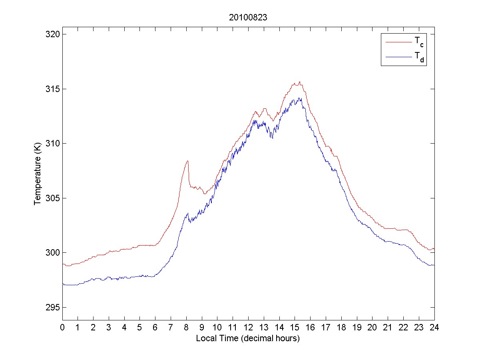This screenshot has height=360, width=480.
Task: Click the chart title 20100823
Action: [x=248, y=18]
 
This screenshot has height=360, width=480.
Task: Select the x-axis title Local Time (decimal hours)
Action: [x=248, y=338]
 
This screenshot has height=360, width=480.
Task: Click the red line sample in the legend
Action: [x=398, y=42]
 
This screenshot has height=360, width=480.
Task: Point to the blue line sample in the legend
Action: [x=398, y=58]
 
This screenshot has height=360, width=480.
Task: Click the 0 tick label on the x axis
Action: [x=62, y=327]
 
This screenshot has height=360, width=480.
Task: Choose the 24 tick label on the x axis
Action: [x=434, y=327]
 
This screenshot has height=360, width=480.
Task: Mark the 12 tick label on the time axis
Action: [x=248, y=327]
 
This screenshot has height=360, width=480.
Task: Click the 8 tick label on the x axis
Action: [x=186, y=327]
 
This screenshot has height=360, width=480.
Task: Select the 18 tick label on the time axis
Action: [x=341, y=327]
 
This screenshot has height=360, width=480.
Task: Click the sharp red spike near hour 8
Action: [x=187, y=161]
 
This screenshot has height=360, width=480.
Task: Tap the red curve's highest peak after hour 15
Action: [x=299, y=82]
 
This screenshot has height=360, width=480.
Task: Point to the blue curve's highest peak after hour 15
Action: [x=299, y=98]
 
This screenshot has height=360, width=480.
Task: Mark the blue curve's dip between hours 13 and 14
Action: [x=272, y=138]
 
